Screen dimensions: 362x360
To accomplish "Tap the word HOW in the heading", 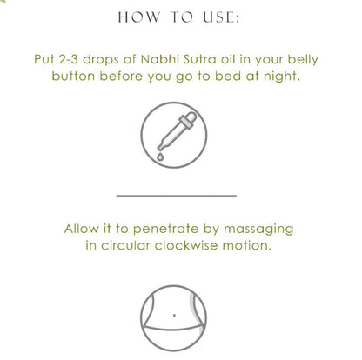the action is pyautogui.click(x=138, y=17).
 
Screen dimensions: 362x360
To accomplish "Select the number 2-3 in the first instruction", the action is pyautogui.click(x=69, y=59).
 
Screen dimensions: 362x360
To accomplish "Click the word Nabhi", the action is pyautogui.click(x=160, y=59).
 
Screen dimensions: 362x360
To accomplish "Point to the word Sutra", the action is pyautogui.click(x=200, y=59).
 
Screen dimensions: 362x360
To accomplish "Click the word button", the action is pyautogui.click(x=73, y=77).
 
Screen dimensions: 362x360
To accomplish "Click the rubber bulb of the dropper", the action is pyautogui.click(x=190, y=117).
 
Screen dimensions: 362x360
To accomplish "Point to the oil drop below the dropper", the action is pyautogui.click(x=160, y=157).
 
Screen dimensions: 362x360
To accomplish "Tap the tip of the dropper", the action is pyautogui.click(x=159, y=148).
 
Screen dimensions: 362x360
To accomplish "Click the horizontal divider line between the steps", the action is pyautogui.click(x=177, y=196).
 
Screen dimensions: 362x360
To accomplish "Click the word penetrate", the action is pyautogui.click(x=165, y=230).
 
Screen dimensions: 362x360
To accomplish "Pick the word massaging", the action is pyautogui.click(x=258, y=230).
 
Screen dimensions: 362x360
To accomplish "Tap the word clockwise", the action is pyautogui.click(x=186, y=246).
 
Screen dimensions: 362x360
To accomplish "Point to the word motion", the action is pyautogui.click(x=247, y=246).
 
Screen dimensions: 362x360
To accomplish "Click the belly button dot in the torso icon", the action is pyautogui.click(x=174, y=316).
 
